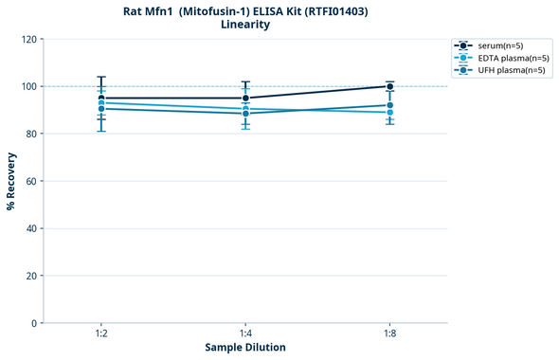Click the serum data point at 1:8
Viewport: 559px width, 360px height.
tap(390, 86)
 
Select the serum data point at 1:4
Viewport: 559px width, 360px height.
tap(245, 98)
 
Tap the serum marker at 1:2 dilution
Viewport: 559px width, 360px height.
tap(101, 98)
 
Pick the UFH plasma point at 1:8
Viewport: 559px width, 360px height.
tap(390, 105)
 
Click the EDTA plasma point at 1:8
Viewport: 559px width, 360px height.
tap(390, 112)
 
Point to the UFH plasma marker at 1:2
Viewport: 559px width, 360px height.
tap(101, 108)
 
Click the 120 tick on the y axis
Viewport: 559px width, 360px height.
tap(28, 39)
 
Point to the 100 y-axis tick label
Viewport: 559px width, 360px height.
tap(28, 86)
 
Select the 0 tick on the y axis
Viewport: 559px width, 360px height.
tap(34, 323)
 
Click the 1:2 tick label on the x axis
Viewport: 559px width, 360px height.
tap(101, 333)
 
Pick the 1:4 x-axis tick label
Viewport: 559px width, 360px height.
tap(245, 333)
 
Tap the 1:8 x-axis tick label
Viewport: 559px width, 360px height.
tap(390, 333)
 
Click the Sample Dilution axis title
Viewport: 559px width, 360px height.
tap(245, 348)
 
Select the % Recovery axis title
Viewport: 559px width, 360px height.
tap(11, 181)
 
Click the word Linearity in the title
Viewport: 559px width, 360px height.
tap(245, 25)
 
